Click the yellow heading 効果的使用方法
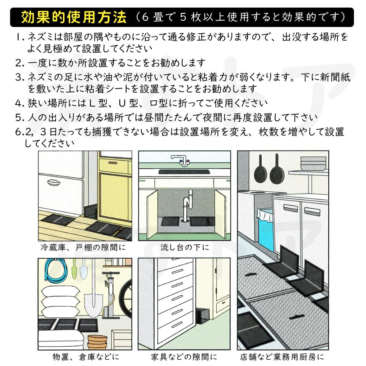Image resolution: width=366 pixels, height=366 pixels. coord(74,17)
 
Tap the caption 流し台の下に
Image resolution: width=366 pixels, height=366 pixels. coord(184,247)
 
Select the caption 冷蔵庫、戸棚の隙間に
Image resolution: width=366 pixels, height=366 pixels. coord(83,247)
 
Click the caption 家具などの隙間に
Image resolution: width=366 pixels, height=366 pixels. coord(184,356)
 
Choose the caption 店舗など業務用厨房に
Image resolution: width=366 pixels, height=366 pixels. coord(282,356)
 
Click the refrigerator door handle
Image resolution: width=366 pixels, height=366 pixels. coord(54,183)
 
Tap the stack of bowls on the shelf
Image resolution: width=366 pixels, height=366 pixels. coord(313,163)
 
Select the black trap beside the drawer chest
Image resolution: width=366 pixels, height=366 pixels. coord(202,316)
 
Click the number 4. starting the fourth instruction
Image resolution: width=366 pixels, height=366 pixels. coord(20,103)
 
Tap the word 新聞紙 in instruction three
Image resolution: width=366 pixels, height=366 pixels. coord(335,77)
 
